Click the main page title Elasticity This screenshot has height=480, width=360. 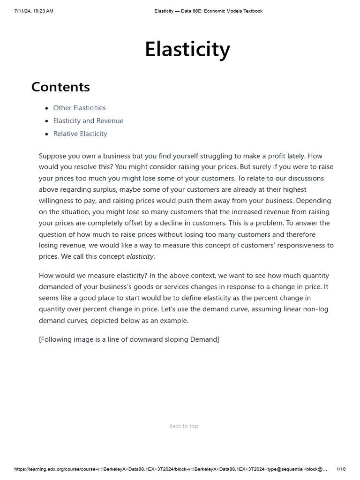(x=187, y=50)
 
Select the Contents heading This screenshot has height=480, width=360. (x=60, y=87)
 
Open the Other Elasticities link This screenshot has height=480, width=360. (x=79, y=108)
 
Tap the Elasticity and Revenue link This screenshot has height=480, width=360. (x=88, y=121)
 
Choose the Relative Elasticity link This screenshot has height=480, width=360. (x=80, y=134)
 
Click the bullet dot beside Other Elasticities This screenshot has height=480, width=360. (x=46, y=108)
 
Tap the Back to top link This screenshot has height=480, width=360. (x=183, y=426)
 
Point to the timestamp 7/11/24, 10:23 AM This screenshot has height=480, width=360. (x=34, y=11)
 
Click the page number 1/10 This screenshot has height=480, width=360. (x=341, y=469)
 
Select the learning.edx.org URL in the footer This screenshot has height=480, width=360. (x=171, y=469)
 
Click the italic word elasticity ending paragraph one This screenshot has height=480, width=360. (x=140, y=256)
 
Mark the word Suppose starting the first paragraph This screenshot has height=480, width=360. (x=53, y=156)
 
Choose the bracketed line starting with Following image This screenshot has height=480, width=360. (x=129, y=339)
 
